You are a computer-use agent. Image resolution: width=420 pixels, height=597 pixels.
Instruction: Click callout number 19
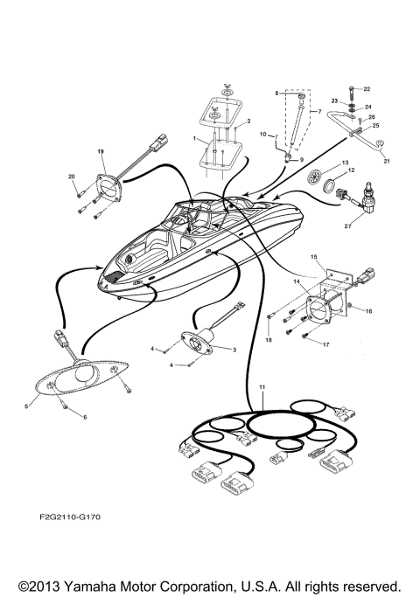(101, 151)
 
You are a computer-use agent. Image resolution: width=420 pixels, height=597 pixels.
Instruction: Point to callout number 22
(367, 89)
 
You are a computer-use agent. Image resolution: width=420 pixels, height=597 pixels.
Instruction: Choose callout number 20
(72, 177)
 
